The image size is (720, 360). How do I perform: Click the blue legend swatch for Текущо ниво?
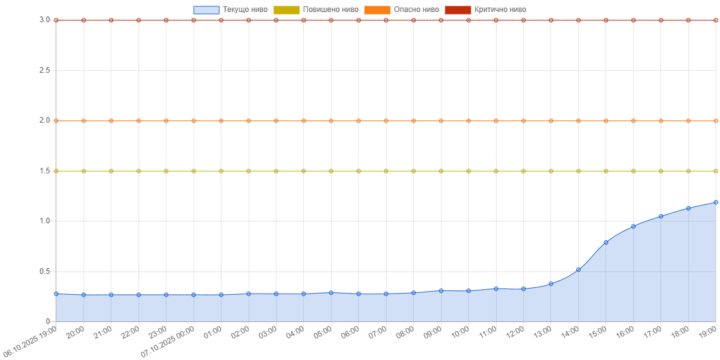206,10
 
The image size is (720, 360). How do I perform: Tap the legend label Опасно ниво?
416,10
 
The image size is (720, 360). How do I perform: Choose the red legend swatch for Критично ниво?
458,10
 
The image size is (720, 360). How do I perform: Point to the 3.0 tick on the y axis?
44,20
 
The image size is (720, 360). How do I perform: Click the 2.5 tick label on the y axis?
44,70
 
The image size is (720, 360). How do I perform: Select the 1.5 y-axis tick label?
44,171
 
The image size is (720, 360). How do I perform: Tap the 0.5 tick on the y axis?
44,271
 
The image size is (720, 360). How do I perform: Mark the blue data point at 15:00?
605,242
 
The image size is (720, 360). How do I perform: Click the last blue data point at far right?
716,202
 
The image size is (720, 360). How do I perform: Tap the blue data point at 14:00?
578,270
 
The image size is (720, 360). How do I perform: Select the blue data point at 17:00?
661,216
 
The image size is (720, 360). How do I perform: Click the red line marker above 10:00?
468,20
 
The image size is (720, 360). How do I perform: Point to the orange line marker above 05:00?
331,121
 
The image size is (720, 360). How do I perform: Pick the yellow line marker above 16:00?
633,171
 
